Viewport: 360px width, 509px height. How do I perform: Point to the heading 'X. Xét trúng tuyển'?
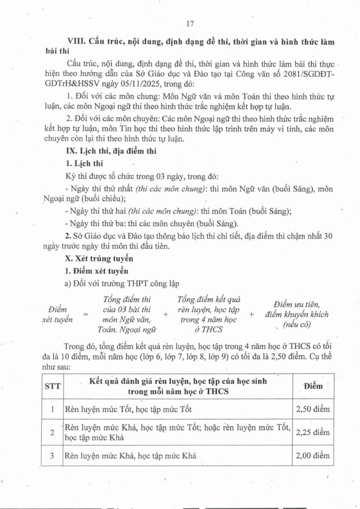tap(97, 259)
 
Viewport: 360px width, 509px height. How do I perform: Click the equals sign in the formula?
tap(85, 314)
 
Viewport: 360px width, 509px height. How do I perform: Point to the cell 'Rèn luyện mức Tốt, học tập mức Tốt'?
tap(127, 410)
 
